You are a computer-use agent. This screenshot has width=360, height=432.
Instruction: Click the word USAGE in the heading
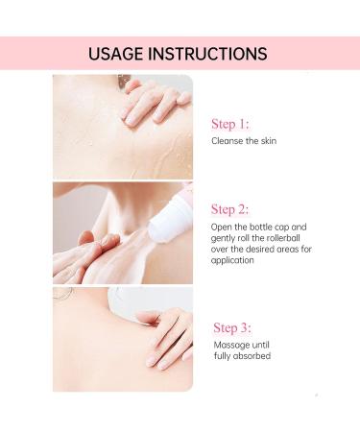118,53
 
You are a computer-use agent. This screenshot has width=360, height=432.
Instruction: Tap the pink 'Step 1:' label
230,124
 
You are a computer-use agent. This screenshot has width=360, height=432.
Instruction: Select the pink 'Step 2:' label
230,209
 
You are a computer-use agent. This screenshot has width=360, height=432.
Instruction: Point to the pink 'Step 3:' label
233,327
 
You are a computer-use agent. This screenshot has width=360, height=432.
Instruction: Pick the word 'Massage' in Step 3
232,344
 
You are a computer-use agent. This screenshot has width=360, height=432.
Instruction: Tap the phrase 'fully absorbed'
243,356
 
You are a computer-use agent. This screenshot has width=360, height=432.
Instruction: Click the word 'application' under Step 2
236,260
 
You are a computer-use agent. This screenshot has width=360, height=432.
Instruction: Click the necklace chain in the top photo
122,81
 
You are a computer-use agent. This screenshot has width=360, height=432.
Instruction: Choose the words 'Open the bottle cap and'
259,227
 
